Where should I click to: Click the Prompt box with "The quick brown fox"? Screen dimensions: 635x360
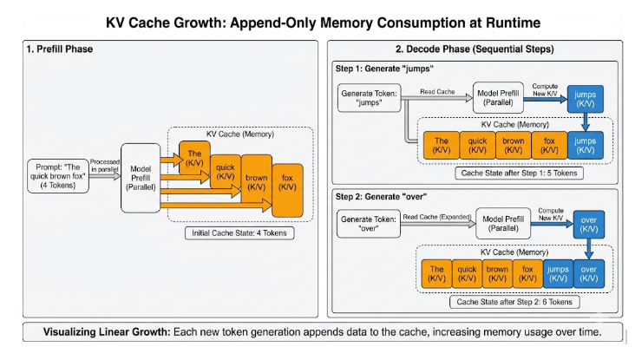tap(58, 176)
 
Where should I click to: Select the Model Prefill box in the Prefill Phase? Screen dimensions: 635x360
tap(141, 178)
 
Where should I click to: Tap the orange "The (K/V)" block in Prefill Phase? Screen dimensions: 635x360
tap(194, 158)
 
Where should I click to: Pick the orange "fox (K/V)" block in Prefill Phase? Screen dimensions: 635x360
tap(287, 190)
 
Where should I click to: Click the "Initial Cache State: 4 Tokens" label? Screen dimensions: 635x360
tap(239, 233)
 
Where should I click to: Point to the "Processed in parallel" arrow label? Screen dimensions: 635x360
tap(105, 165)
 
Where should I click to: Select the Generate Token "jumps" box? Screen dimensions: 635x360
tap(369, 98)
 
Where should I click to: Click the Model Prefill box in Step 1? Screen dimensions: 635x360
tap(498, 98)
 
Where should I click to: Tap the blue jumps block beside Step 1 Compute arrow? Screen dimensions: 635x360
tap(586, 99)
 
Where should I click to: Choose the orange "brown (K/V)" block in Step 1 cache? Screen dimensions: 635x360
tap(513, 145)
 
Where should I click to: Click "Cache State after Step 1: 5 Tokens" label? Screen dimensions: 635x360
tap(519, 173)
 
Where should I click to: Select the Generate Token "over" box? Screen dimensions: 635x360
tap(369, 224)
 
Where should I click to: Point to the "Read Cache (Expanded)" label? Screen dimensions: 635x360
tap(437, 217)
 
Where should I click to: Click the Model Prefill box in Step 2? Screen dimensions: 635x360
tap(503, 224)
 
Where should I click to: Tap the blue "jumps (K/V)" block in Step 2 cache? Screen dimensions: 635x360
tap(558, 274)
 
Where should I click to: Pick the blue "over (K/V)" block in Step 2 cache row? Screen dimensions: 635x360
tap(589, 274)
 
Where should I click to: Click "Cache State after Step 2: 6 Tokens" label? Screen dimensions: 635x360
tap(514, 302)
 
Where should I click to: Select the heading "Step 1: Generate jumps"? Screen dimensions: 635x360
tap(384, 69)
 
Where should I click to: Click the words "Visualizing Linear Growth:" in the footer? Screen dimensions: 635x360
tap(107, 332)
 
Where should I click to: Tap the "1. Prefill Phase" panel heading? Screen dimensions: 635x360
tap(60, 49)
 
